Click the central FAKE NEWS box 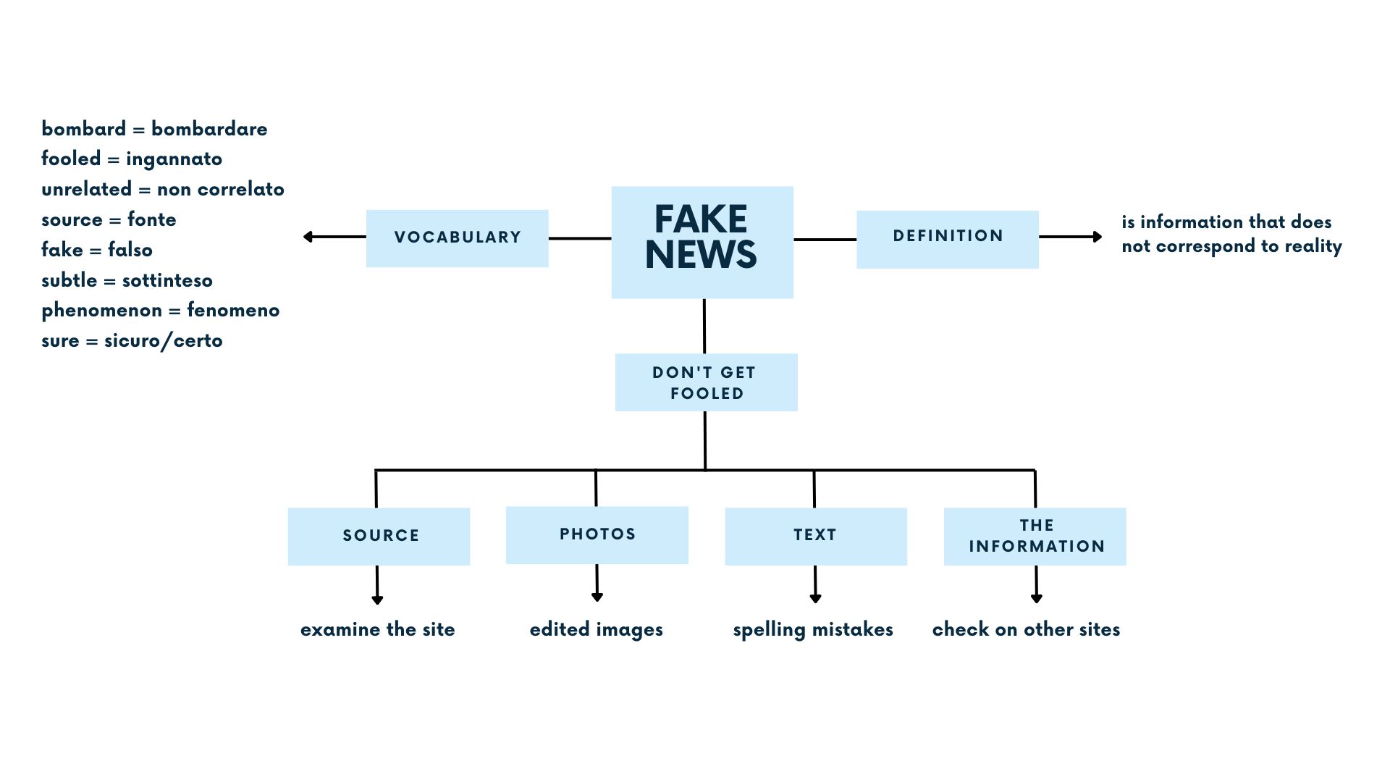pyautogui.click(x=702, y=242)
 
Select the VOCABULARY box pyautogui.click(x=457, y=238)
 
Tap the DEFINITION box pyautogui.click(x=947, y=239)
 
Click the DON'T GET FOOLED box pyautogui.click(x=706, y=382)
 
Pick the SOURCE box pyautogui.click(x=379, y=536)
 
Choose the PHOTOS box pyautogui.click(x=597, y=534)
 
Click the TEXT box pyautogui.click(x=815, y=536)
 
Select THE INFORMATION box pyautogui.click(x=1035, y=536)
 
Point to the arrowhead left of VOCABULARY pyautogui.click(x=308, y=237)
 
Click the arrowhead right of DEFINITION pyautogui.click(x=1097, y=237)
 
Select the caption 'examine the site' pyautogui.click(x=377, y=629)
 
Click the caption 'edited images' pyautogui.click(x=596, y=629)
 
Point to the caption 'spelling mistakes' pyautogui.click(x=812, y=629)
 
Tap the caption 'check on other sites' pyautogui.click(x=1026, y=629)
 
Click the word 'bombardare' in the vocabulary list pyautogui.click(x=209, y=129)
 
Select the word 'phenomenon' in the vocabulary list pyautogui.click(x=101, y=311)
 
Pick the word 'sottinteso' pyautogui.click(x=167, y=280)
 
